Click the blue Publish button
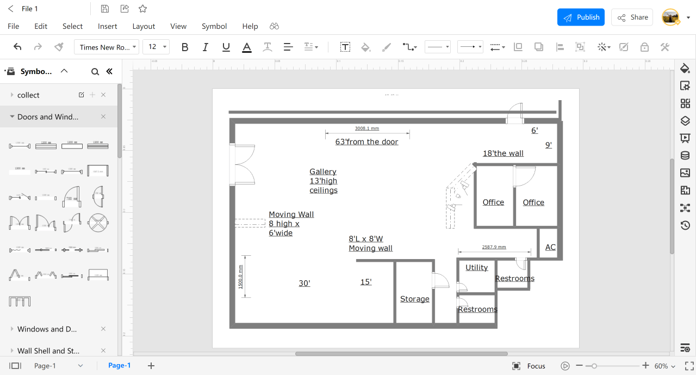click(x=581, y=17)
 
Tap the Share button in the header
click(x=633, y=17)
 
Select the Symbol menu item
click(x=214, y=26)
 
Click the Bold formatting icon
click(x=185, y=47)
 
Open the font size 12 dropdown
click(x=156, y=47)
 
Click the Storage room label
click(x=414, y=299)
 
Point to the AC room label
click(x=550, y=248)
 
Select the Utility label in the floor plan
click(x=476, y=268)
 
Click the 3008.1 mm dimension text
click(x=366, y=128)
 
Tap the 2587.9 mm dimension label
click(x=494, y=247)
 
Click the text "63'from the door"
click(x=366, y=142)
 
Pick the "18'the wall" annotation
click(x=503, y=153)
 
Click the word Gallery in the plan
click(x=323, y=172)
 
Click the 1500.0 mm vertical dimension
click(x=240, y=277)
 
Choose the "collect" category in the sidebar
click(x=28, y=95)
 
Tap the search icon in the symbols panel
click(x=95, y=71)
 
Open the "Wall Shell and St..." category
click(x=48, y=351)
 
